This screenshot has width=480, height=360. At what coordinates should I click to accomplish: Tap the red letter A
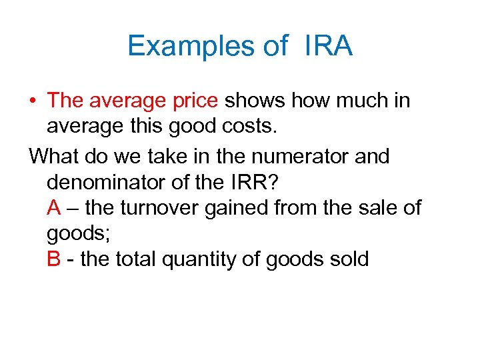click(x=55, y=208)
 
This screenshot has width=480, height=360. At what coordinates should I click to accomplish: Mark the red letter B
click(x=55, y=259)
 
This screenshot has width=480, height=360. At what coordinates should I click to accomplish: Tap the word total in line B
click(x=135, y=259)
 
